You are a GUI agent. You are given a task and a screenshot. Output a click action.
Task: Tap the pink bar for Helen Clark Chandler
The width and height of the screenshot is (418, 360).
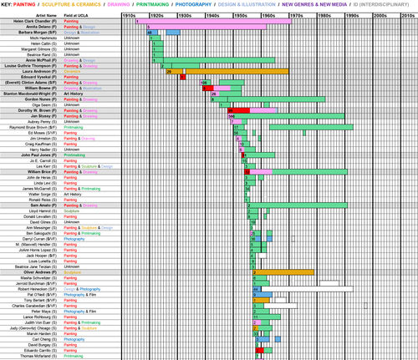213,21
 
